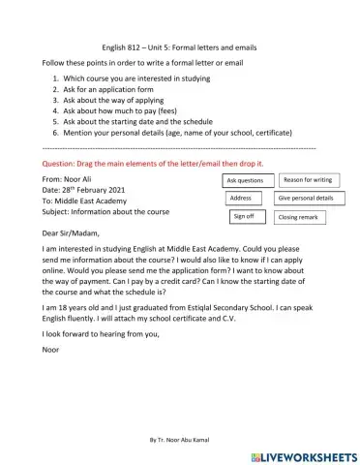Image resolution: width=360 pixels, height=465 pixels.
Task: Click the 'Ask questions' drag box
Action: [x=244, y=180]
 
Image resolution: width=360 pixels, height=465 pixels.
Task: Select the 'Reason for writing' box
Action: [x=309, y=179]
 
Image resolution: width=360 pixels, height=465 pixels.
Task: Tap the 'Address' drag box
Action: [x=240, y=198]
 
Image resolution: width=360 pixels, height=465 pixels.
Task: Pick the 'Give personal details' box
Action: [x=306, y=198]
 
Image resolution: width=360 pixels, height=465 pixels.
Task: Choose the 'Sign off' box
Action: [x=243, y=217]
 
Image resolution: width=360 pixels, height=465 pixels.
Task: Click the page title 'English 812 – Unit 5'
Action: [x=179, y=46]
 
